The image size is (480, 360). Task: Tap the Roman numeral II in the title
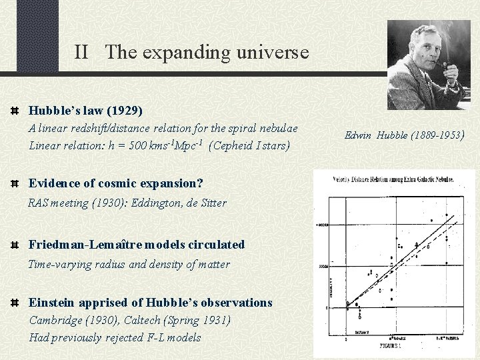[81, 51]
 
